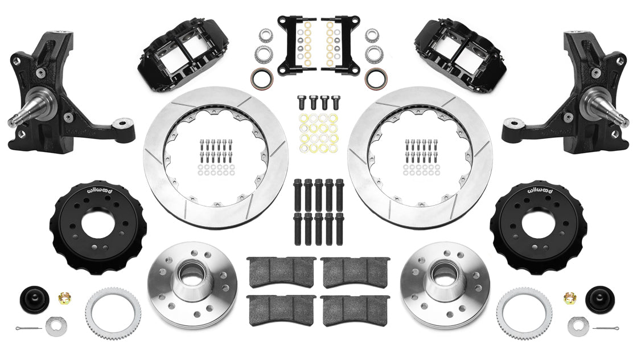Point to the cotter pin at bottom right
click(x=605, y=328)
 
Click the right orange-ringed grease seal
click(x=375, y=78)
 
